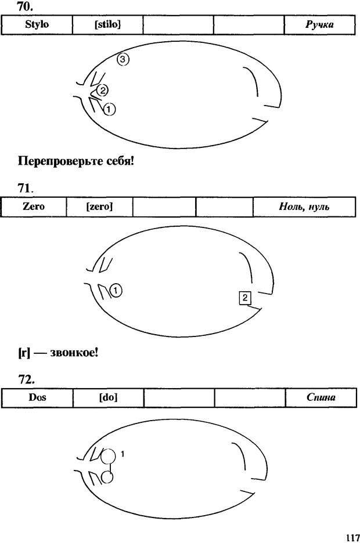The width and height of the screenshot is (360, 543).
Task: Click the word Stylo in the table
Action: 37,24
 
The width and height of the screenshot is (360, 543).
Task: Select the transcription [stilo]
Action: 107,24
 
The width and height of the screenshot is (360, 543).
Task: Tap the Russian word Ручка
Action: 319,24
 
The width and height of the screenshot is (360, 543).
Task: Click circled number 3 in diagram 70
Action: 123,59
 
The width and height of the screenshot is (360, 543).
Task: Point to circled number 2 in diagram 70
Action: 102,90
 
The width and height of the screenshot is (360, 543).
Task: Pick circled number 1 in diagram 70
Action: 110,108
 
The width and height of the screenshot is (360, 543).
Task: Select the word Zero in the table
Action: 33,206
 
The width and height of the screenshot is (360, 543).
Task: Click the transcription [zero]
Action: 99,206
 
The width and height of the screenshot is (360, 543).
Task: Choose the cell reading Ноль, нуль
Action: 304,207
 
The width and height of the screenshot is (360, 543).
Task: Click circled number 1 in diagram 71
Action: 116,290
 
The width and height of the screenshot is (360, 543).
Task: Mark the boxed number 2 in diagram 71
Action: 245,298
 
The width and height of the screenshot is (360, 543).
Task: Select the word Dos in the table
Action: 37,398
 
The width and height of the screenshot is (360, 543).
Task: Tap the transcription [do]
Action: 108,398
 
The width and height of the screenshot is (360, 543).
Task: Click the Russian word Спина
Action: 321,398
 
